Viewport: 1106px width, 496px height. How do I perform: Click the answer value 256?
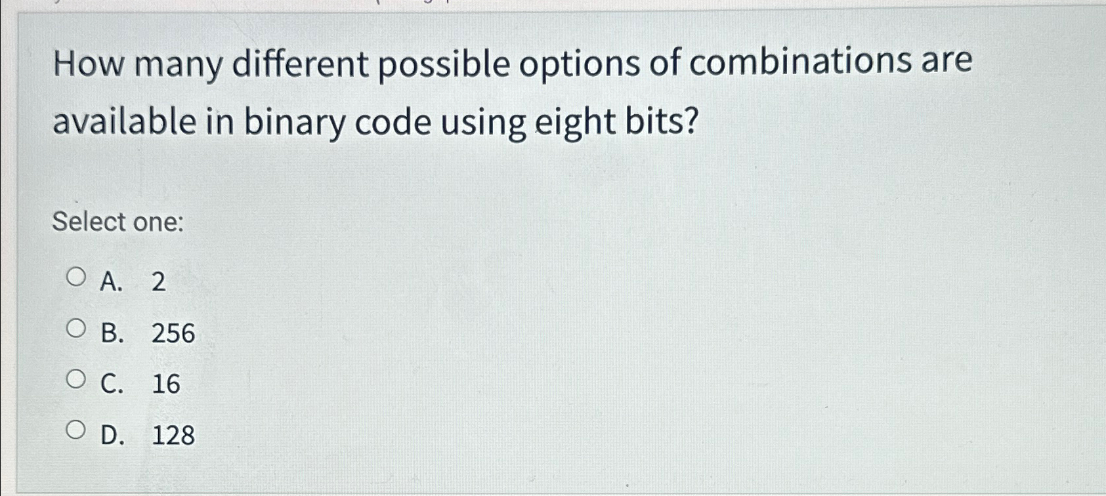point(173,333)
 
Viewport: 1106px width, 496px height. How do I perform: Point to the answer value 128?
point(173,435)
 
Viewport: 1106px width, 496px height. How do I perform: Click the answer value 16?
point(166,384)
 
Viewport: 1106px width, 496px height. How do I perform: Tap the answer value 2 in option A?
point(158,282)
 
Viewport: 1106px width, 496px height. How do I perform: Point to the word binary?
point(294,123)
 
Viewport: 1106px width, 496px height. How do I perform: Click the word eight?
point(575,123)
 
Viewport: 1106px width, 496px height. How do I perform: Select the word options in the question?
point(580,65)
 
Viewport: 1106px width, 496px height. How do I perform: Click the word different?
point(301,64)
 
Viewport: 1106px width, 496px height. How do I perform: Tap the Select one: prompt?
point(118,222)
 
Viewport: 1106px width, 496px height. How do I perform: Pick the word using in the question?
point(483,123)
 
